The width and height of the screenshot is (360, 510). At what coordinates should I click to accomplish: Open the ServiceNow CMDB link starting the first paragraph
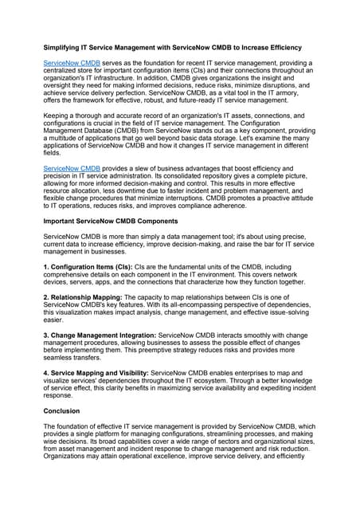[x=72, y=61]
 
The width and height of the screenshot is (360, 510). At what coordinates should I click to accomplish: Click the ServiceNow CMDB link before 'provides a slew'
[x=72, y=169]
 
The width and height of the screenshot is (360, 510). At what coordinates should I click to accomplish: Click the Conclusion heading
[x=61, y=410]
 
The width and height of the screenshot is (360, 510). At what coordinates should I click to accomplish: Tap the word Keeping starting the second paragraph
[x=58, y=116]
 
